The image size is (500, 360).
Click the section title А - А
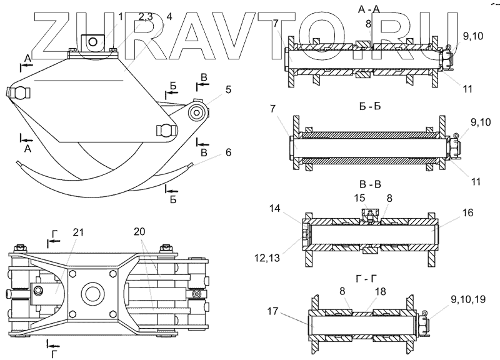coord(368,9)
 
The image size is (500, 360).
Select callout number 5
coord(229,90)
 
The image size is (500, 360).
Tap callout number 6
coord(229,152)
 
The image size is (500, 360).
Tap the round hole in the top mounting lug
coord(93,41)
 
